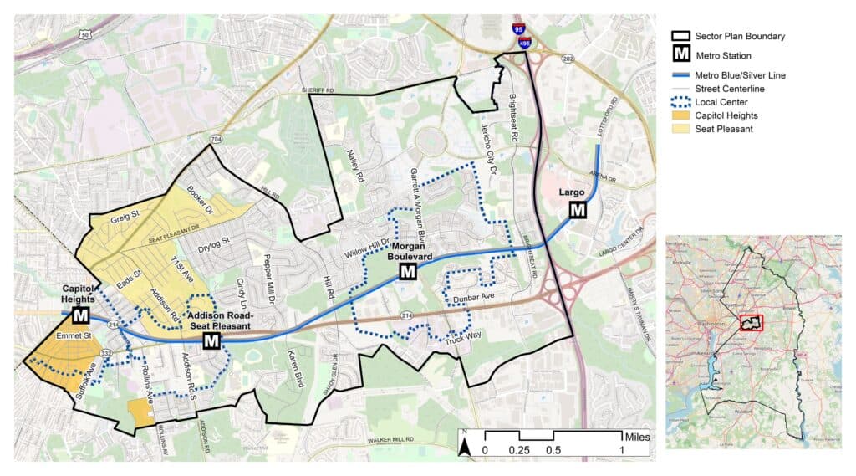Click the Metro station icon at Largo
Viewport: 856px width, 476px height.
(x=578, y=210)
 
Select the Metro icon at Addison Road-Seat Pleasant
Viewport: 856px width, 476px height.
(x=211, y=340)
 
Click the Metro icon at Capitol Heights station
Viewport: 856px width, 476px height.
(x=81, y=315)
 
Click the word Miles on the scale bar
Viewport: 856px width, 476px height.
(x=636, y=437)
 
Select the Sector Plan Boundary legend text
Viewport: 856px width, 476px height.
(x=740, y=36)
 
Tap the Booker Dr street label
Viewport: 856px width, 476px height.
(x=202, y=198)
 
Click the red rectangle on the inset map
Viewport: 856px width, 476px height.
(x=752, y=323)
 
